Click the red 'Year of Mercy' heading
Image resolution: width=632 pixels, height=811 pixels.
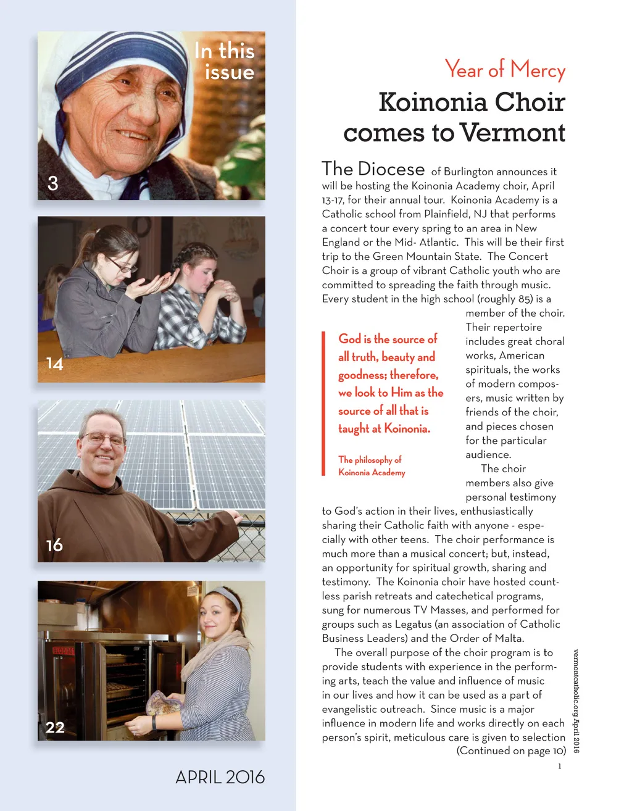pyautogui.click(x=504, y=70)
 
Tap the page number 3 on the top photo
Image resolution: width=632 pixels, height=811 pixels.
pyautogui.click(x=53, y=183)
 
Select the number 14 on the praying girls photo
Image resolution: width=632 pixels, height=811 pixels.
pyautogui.click(x=55, y=364)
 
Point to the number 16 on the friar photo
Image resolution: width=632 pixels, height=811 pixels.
pyautogui.click(x=54, y=545)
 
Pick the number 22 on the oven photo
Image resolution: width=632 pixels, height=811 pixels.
pyautogui.click(x=55, y=727)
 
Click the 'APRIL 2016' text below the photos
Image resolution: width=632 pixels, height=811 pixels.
pyautogui.click(x=220, y=776)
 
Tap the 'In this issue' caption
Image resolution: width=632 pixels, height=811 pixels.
pyautogui.click(x=225, y=61)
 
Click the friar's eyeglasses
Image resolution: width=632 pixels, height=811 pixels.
pyautogui.click(x=103, y=439)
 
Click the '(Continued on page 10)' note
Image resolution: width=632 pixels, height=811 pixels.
pyautogui.click(x=511, y=751)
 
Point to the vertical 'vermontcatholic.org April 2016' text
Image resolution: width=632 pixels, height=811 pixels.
pyautogui.click(x=576, y=701)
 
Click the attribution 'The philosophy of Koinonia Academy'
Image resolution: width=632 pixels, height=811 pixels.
pyautogui.click(x=371, y=466)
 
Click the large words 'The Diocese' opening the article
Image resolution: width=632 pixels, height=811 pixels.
pyautogui.click(x=373, y=169)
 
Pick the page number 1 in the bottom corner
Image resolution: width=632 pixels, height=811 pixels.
pyautogui.click(x=559, y=767)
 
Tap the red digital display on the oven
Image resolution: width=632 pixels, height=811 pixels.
pyautogui.click(x=62, y=651)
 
